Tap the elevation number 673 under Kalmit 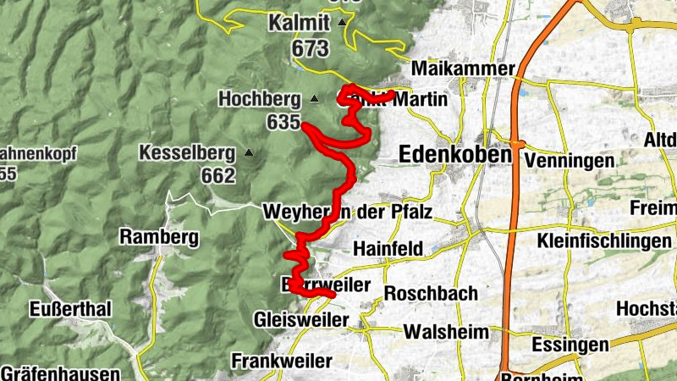point(311,48)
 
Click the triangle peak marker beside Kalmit point(341,22)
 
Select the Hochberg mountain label point(260,99)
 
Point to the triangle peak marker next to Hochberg point(314,99)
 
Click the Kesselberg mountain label point(187,153)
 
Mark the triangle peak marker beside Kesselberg point(248,153)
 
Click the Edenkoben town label point(455,155)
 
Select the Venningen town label point(568,160)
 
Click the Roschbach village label point(431,294)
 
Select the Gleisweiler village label point(301,320)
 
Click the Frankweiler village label point(282,362)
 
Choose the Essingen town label point(570,345)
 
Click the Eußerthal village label point(70,309)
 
